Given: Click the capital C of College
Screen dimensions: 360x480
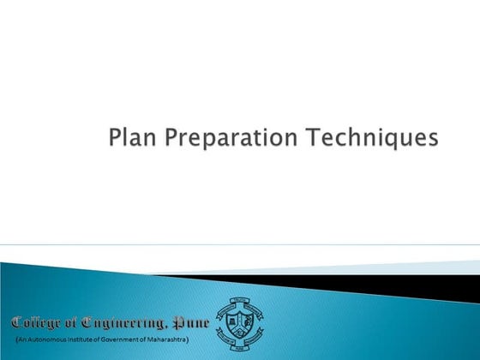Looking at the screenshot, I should click(17, 323).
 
